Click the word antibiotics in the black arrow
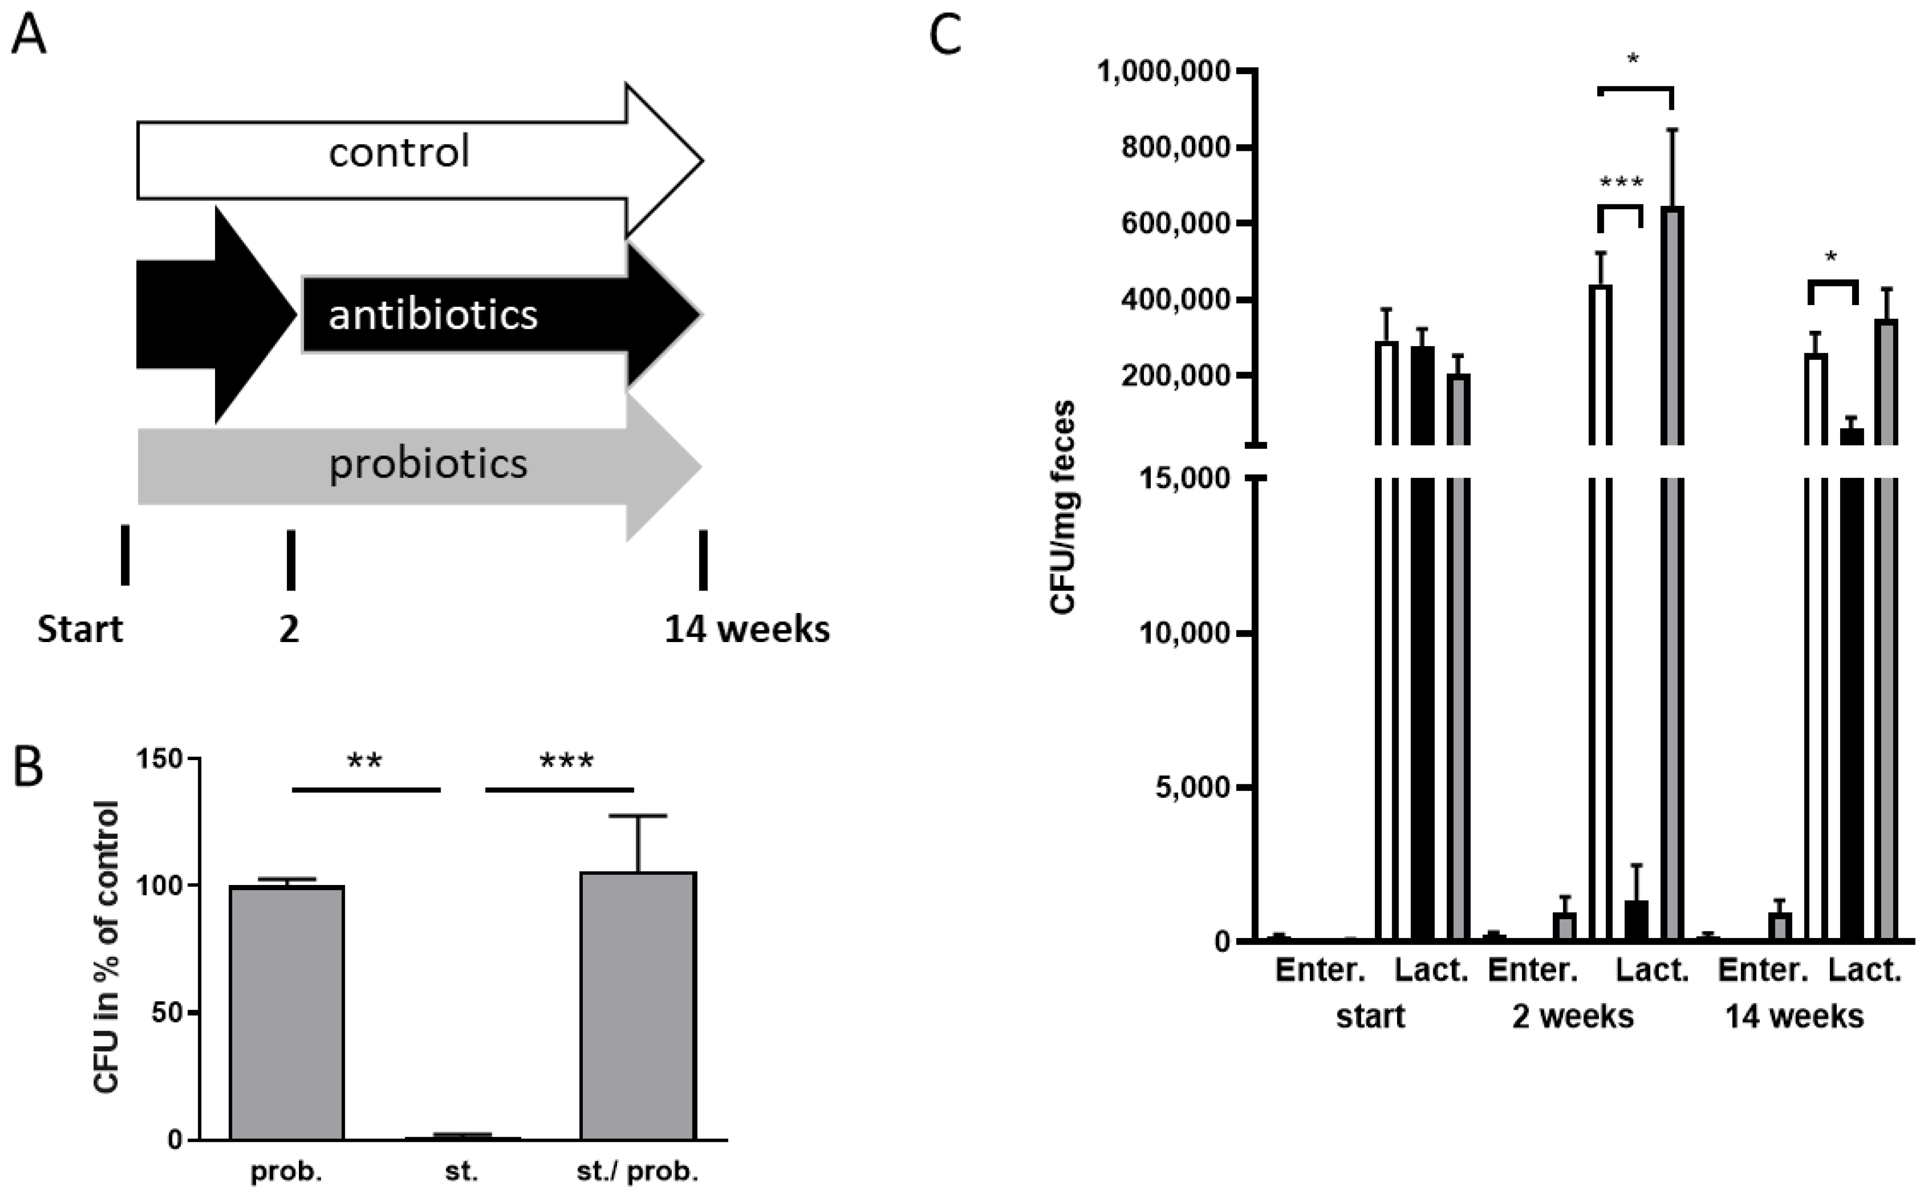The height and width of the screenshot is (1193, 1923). tap(432, 315)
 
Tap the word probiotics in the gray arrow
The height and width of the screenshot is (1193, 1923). tap(428, 463)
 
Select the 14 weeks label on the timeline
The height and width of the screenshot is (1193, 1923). tap(746, 629)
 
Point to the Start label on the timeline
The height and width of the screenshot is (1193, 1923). tap(80, 629)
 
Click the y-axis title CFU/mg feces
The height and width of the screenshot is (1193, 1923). tap(1063, 507)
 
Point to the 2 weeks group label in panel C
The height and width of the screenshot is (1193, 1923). tap(1572, 1016)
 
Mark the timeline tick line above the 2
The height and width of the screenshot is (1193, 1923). tap(290, 560)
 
